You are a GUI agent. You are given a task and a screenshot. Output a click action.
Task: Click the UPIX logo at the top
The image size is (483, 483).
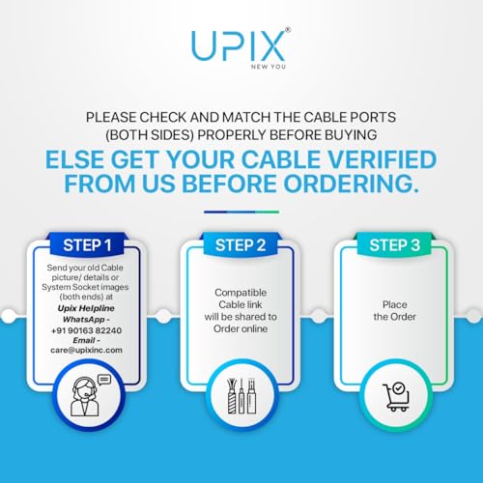click(x=241, y=45)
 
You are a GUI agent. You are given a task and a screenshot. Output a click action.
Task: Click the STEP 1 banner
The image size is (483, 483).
click(x=87, y=244)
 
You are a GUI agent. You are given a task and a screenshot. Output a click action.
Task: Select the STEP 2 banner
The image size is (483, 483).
click(x=241, y=244)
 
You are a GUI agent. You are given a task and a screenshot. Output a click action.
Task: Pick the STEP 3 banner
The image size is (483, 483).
click(x=395, y=244)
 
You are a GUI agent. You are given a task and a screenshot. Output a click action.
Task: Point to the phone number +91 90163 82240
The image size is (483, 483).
click(x=87, y=328)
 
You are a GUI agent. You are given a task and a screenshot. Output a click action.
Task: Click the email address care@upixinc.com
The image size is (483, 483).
click(x=87, y=350)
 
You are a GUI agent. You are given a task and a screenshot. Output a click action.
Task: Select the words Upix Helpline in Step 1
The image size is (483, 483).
click(x=87, y=307)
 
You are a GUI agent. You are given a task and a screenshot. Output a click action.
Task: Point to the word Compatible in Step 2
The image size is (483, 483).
click(x=241, y=291)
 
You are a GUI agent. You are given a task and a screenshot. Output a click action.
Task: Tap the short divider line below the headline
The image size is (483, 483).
click(x=241, y=212)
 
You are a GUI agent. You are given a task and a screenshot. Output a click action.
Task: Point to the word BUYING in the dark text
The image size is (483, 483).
click(x=348, y=134)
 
